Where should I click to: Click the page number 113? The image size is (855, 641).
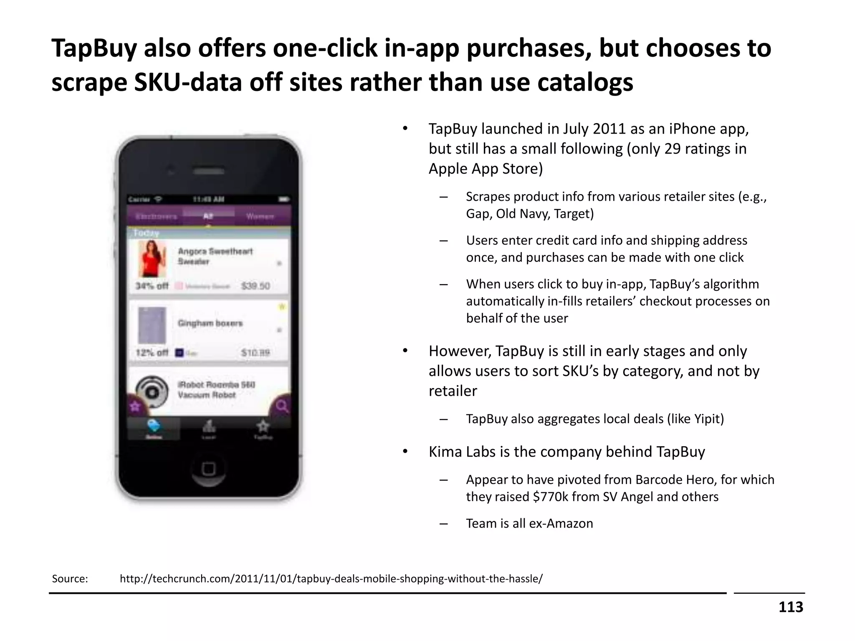(790, 607)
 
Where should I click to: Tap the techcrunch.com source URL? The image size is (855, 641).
(331, 579)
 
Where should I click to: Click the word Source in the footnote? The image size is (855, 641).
(69, 579)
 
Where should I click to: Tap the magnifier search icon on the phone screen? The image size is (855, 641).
(282, 406)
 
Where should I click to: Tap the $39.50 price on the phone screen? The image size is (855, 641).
(255, 286)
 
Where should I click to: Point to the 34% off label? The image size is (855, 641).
(152, 286)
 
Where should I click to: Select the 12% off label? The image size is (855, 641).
(152, 353)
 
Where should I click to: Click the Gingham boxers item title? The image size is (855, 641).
(210, 323)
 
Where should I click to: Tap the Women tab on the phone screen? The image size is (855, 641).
(260, 216)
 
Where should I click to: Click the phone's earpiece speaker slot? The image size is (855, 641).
(208, 171)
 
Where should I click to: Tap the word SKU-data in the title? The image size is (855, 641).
(188, 82)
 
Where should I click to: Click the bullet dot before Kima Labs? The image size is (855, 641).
(405, 452)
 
